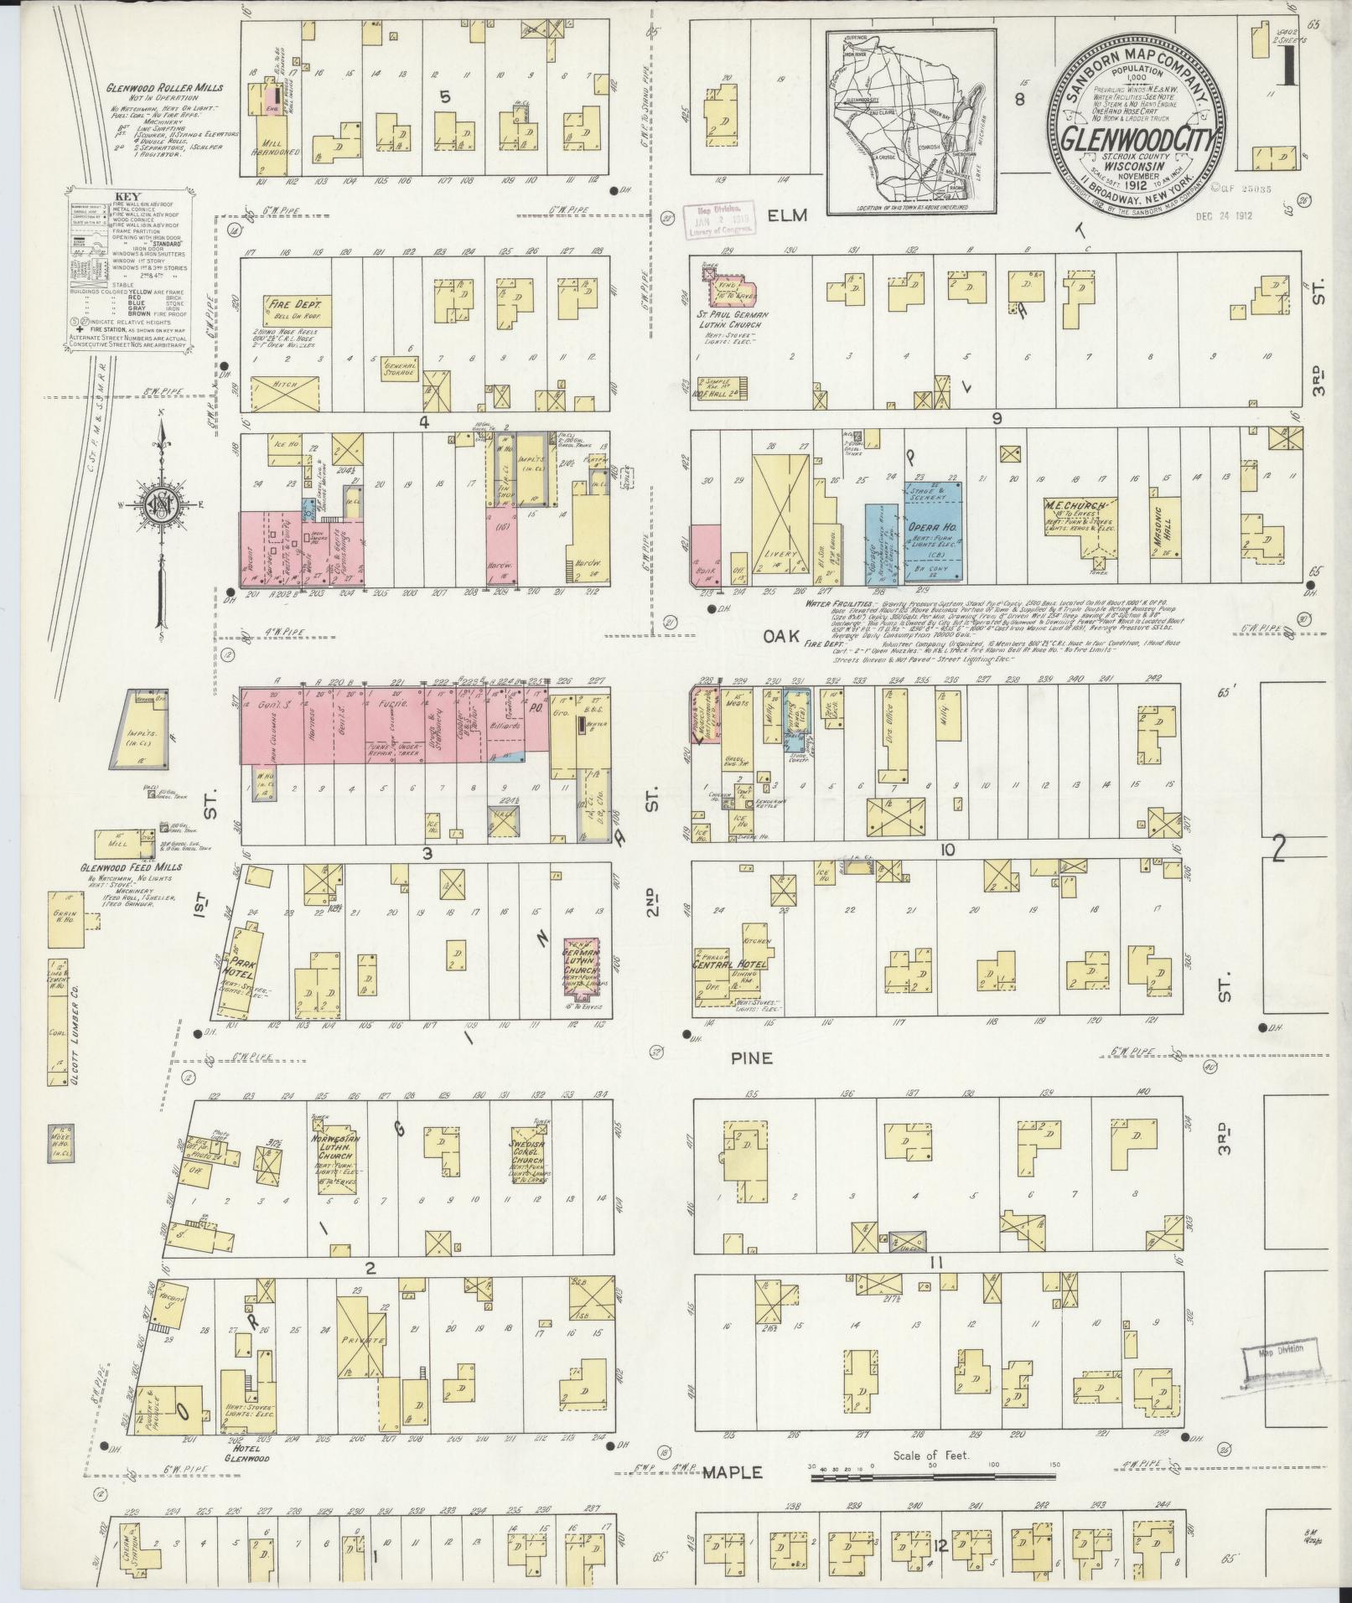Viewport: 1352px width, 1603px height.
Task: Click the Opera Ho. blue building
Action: (933, 531)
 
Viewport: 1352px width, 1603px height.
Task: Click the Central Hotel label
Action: (729, 964)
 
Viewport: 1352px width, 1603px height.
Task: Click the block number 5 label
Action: (444, 97)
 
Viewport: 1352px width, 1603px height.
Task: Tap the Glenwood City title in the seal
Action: (1135, 137)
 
